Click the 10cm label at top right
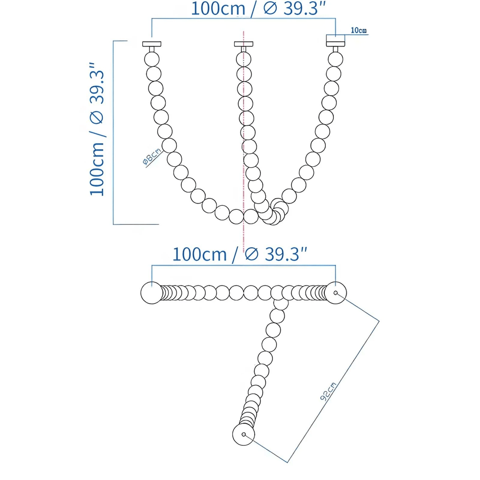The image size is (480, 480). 359,31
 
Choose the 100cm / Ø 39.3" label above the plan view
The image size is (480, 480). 240,254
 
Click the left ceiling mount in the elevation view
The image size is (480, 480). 152,44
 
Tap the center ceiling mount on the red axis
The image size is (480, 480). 243,44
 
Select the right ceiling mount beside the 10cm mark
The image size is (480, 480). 336,41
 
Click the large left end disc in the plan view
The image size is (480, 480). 152,293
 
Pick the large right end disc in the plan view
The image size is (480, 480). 336,293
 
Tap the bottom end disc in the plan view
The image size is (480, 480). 244,435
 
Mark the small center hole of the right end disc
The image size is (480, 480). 336,293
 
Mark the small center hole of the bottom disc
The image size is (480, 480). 244,435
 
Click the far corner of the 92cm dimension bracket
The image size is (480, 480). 379,321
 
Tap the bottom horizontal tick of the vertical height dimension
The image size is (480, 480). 136,224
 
